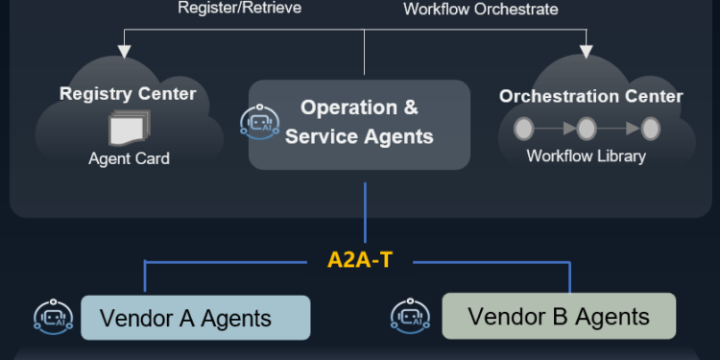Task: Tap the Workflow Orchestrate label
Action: pos(480,9)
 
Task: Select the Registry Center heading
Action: pos(128,94)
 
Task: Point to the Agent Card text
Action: pos(129,158)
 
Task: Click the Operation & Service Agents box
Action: pos(360,124)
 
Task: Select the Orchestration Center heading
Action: pos(590,96)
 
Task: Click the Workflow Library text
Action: pos(586,156)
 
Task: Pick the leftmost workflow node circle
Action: pos(524,128)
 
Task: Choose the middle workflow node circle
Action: pos(587,128)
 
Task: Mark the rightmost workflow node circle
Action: pos(650,128)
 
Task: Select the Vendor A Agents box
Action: pos(195,318)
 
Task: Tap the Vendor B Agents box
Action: pos(558,316)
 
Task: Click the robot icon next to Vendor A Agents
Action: pos(53,318)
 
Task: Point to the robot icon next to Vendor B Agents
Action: pos(410,316)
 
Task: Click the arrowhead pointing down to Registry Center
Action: pos(122,50)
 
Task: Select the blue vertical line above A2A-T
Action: pos(365,216)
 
